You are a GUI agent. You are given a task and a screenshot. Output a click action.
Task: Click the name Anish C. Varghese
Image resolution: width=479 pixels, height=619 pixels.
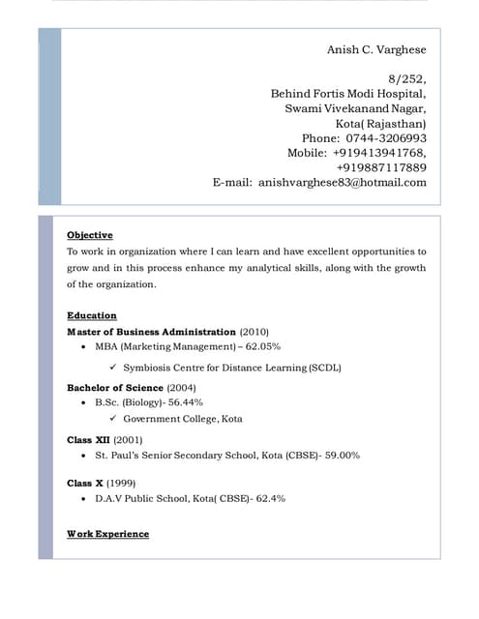pos(375,50)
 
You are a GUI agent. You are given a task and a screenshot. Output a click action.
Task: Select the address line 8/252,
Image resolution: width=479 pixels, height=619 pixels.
pos(406,78)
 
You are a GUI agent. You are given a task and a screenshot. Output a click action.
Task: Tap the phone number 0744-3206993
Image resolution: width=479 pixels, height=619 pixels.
pos(386,138)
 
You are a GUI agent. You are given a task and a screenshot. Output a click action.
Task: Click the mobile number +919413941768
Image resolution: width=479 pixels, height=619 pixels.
pos(378,153)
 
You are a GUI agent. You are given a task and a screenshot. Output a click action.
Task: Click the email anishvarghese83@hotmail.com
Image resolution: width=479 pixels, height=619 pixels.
pos(343,182)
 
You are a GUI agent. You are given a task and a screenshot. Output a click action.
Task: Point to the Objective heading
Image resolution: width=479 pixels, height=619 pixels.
pos(90,235)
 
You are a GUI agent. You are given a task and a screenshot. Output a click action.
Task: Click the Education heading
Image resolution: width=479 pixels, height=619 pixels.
pos(92,315)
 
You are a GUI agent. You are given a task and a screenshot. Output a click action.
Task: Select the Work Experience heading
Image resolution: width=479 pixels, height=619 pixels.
pos(107,534)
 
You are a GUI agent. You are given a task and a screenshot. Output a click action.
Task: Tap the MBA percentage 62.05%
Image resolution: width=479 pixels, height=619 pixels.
pos(262,346)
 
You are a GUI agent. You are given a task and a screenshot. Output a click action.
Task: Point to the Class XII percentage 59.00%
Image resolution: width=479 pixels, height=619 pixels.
pos(341,455)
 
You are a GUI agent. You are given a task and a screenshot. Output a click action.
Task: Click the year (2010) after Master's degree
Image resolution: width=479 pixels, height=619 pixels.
pos(254,331)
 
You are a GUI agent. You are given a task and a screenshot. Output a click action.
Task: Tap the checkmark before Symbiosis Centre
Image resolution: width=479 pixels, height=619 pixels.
pos(113,368)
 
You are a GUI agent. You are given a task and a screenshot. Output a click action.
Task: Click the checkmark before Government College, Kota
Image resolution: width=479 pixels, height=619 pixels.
pos(113,419)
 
